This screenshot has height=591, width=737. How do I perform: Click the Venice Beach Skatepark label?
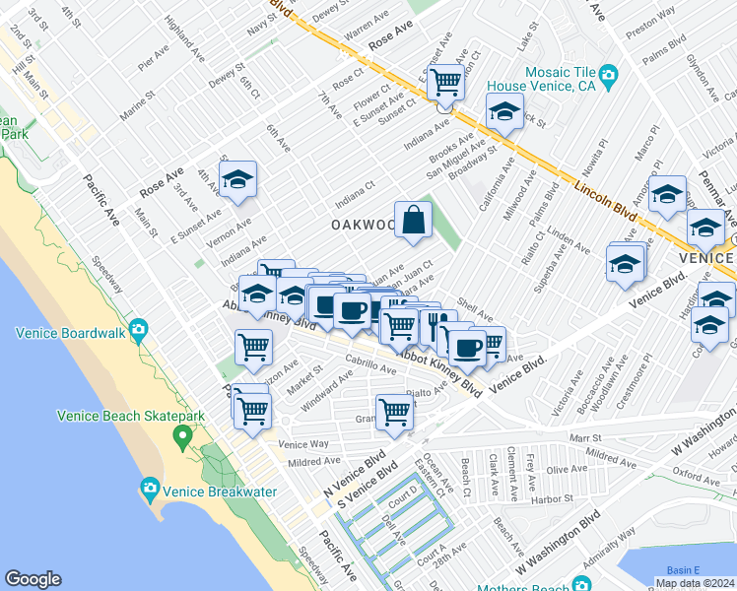click(x=131, y=415)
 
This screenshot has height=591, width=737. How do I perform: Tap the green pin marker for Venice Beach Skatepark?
click(x=181, y=434)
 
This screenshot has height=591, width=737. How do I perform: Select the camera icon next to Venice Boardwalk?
click(x=139, y=328)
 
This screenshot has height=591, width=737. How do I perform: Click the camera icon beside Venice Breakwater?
click(x=150, y=487)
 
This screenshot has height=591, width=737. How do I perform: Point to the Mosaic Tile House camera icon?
click(x=608, y=74)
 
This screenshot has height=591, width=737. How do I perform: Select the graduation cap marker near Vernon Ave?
click(x=237, y=180)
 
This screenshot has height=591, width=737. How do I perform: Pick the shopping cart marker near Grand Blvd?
click(x=394, y=412)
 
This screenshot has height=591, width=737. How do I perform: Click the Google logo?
click(x=33, y=579)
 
